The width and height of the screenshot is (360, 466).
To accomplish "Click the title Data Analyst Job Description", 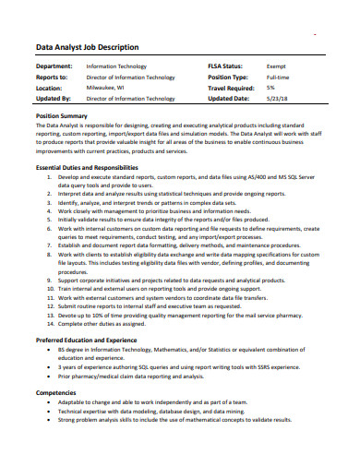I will pos(87,47).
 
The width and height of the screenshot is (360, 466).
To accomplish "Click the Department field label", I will pos(54,67).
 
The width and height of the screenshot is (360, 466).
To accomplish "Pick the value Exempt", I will pos(276,67).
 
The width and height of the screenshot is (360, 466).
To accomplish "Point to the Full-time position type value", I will pos(278,78).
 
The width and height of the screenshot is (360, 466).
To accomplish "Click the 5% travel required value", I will pos(270,88).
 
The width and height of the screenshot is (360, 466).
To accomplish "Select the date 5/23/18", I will pos(277,98).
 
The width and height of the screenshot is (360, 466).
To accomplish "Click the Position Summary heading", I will pos(66,115).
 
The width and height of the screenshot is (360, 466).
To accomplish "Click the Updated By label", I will pos(54,98).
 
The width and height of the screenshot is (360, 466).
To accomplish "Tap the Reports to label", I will pos(52,78).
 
